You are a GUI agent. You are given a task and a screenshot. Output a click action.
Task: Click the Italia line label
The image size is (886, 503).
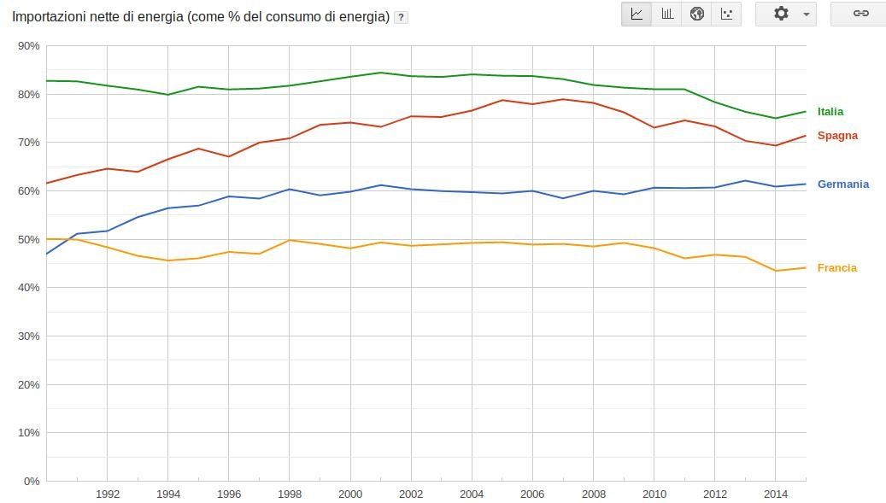click(830, 112)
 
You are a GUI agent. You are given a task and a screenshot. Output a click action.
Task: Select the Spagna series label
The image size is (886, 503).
click(837, 136)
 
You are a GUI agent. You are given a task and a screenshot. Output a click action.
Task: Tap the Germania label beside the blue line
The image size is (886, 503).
click(842, 184)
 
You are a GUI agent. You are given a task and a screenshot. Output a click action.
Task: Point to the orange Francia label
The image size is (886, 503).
click(836, 268)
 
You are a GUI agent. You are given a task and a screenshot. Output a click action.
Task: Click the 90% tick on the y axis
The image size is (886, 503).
click(29, 46)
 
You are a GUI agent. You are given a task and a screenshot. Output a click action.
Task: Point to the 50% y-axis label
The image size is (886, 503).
click(29, 240)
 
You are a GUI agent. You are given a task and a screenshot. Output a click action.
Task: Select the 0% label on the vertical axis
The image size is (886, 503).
click(32, 482)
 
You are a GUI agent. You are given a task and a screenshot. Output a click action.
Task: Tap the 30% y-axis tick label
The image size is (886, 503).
click(29, 336)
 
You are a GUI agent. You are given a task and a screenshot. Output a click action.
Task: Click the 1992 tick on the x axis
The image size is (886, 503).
click(108, 494)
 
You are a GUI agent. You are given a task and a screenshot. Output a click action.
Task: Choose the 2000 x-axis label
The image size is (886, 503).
click(350, 494)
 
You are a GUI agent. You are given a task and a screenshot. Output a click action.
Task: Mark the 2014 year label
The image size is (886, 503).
click(775, 494)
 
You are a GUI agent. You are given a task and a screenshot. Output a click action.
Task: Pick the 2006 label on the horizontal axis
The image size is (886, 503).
click(532, 494)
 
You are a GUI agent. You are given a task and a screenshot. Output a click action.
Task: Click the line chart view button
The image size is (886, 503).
click(637, 14)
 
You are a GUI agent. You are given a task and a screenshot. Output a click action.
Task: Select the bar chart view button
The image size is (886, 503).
click(666, 14)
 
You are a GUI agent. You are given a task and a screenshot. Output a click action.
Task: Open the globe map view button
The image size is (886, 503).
click(696, 14)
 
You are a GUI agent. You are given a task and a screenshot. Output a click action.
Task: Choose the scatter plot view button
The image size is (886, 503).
click(726, 14)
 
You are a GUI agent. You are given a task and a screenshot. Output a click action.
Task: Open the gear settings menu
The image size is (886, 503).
click(786, 14)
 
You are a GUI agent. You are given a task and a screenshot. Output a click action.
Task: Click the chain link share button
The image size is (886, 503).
click(860, 14)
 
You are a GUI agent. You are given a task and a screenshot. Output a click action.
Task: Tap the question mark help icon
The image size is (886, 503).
click(401, 17)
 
